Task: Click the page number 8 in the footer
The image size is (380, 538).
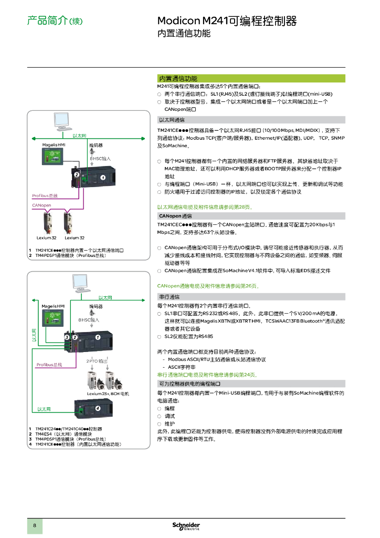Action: pyautogui.click(x=35, y=526)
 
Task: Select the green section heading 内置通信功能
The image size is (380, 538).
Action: pyautogui.click(x=178, y=78)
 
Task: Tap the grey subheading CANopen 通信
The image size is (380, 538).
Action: pyautogui.click(x=175, y=216)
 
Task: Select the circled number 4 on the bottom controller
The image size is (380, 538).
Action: pyautogui.click(x=97, y=408)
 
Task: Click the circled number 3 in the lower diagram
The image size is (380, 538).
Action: pyautogui.click(x=67, y=336)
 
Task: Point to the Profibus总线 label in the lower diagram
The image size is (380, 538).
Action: pyautogui.click(x=49, y=364)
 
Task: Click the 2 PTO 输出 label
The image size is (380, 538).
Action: pyautogui.click(x=97, y=361)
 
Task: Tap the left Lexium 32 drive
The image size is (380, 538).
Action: pyautogui.click(x=49, y=223)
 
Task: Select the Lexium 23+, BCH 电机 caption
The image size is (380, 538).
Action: pyautogui.click(x=108, y=394)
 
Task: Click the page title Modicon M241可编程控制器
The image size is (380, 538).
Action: pyautogui.click(x=227, y=21)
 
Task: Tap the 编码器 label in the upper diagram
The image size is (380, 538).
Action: pyautogui.click(x=96, y=145)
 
